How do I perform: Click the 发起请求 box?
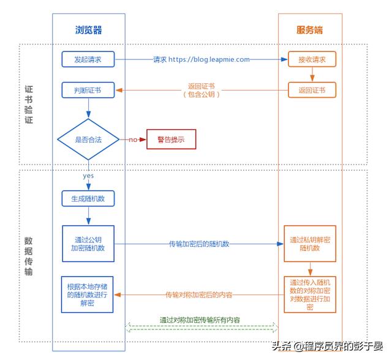[88, 59]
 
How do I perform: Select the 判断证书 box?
[88, 91]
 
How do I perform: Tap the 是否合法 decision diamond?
[88, 140]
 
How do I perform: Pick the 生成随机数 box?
[88, 199]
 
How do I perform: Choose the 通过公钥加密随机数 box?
[88, 243]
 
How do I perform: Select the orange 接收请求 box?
[312, 59]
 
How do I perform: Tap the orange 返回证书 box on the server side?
[312, 91]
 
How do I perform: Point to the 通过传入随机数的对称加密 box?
[310, 294]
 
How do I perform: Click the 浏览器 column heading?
[88, 29]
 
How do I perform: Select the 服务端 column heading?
[310, 29]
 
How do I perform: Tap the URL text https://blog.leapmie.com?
[209, 59]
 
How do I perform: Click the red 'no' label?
[133, 140]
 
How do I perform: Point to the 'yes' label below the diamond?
[88, 176]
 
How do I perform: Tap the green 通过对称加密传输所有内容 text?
[200, 320]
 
